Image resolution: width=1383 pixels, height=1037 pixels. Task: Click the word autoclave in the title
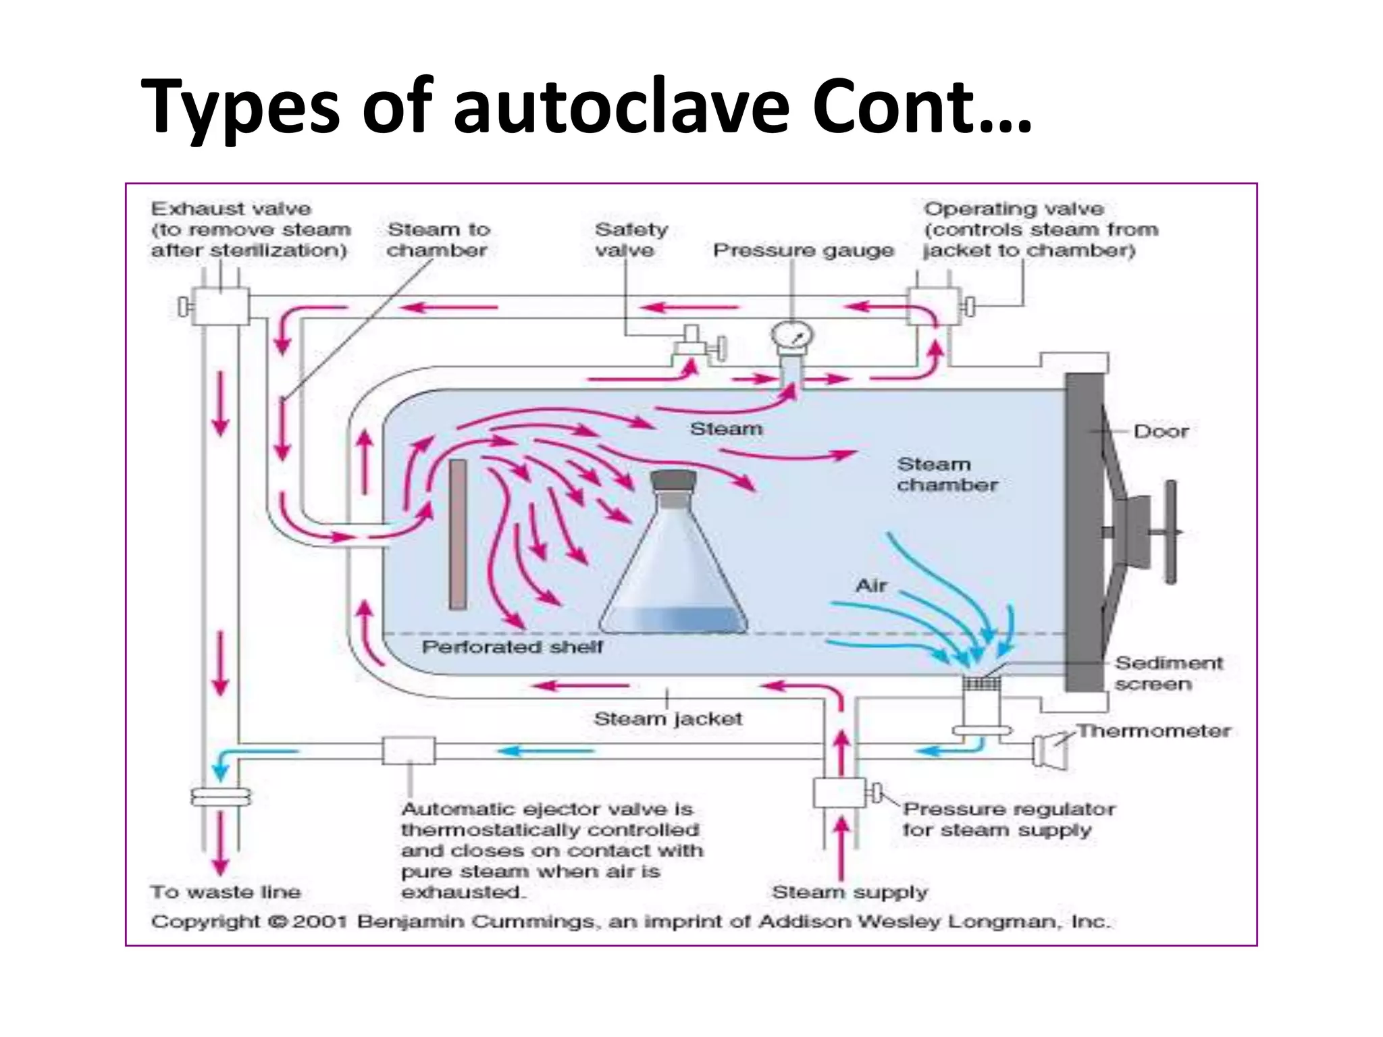click(x=621, y=107)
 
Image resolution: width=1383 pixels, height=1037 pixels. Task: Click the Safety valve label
click(x=631, y=240)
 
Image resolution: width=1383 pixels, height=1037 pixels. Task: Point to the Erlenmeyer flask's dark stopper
click(x=673, y=481)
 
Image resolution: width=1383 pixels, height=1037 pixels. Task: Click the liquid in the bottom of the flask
click(x=673, y=620)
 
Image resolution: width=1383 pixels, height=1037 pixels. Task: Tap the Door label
click(x=1160, y=431)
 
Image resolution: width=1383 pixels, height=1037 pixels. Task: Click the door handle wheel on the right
click(x=1171, y=532)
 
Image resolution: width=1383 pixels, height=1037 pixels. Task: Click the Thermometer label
click(x=1153, y=730)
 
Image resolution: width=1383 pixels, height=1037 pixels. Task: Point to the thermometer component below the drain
click(x=1049, y=750)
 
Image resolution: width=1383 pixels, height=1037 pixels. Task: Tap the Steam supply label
click(x=850, y=892)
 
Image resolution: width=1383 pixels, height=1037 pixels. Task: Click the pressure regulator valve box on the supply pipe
click(x=839, y=793)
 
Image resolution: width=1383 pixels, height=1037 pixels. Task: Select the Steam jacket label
click(x=667, y=718)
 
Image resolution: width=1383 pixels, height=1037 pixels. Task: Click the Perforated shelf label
click(x=512, y=647)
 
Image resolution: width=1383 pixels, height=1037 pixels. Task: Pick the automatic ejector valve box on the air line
click(x=409, y=751)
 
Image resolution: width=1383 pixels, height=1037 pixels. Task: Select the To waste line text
click(x=226, y=892)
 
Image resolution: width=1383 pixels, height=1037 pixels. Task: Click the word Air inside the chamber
click(x=871, y=585)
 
